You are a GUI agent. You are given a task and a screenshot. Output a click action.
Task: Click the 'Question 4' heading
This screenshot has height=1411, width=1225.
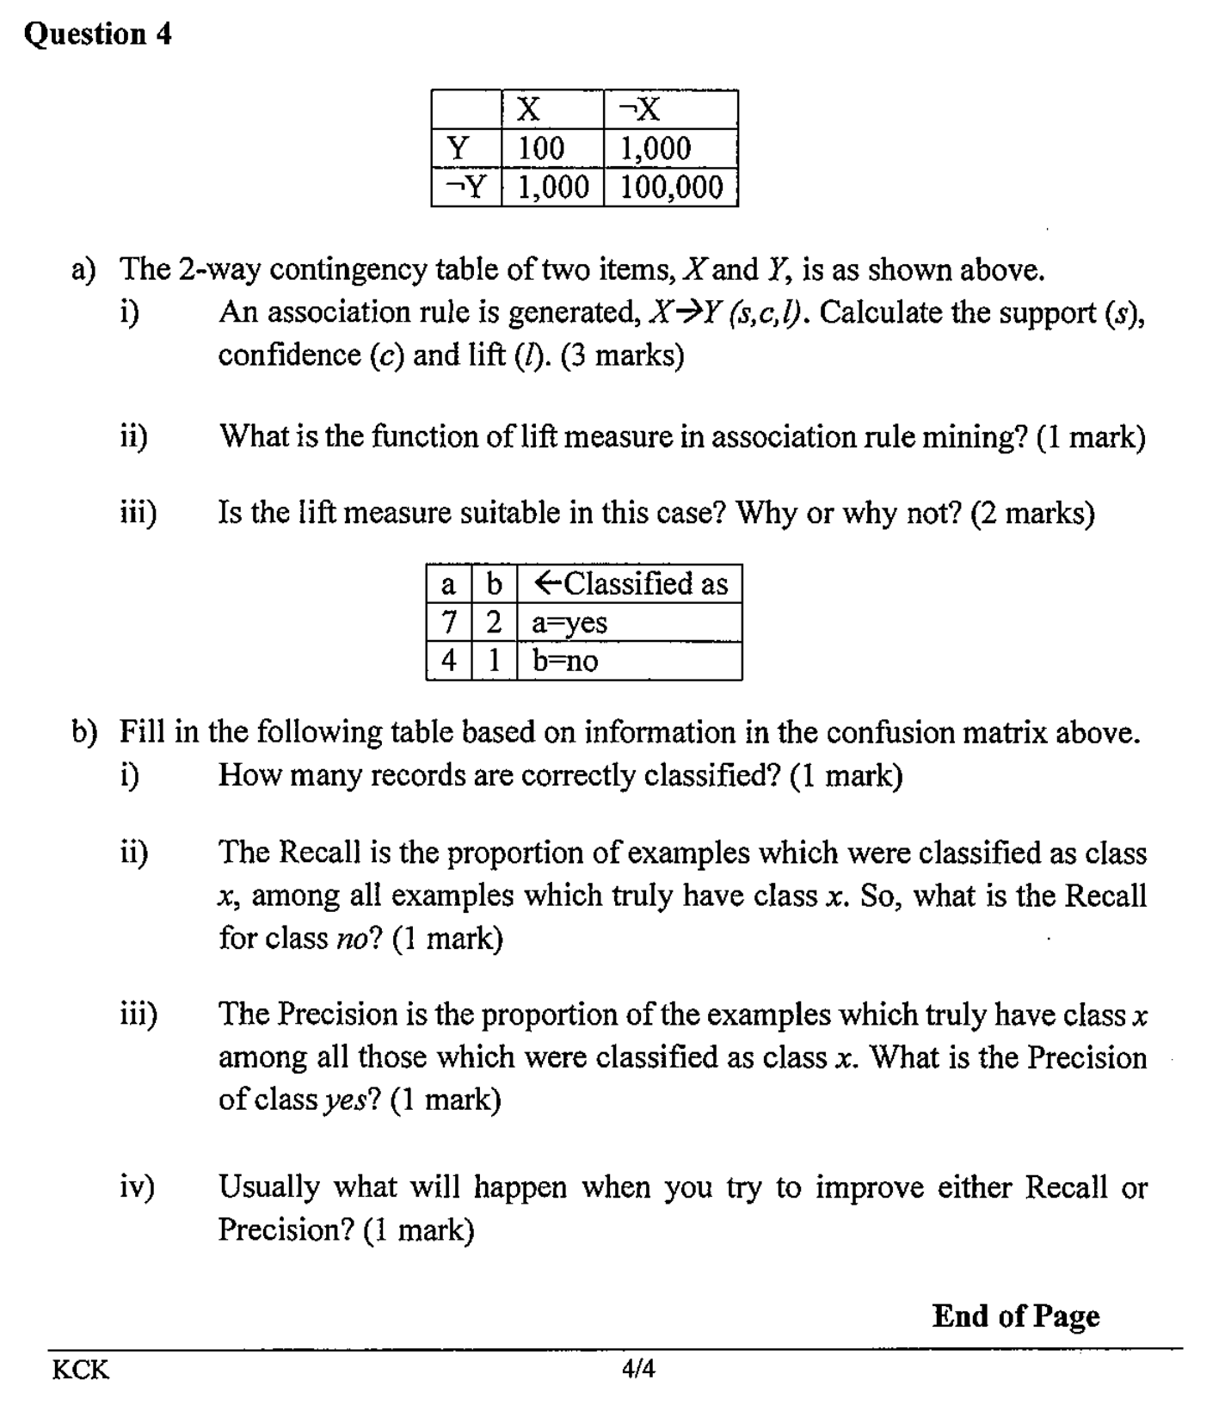pyautogui.click(x=98, y=34)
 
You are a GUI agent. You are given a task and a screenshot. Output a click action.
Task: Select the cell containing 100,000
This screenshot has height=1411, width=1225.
pyautogui.click(x=671, y=187)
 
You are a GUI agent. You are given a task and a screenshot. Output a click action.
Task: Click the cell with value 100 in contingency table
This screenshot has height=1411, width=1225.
pyautogui.click(x=541, y=148)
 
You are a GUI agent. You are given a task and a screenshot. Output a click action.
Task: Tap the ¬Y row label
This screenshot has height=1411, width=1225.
pyautogui.click(x=466, y=187)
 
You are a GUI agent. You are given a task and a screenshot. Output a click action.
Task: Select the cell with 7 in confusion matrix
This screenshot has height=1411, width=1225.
pyautogui.click(x=448, y=622)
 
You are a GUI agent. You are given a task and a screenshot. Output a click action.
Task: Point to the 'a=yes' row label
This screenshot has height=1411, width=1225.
pyautogui.click(x=569, y=622)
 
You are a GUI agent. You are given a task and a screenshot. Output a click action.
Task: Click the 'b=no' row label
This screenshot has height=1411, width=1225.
pyautogui.click(x=565, y=661)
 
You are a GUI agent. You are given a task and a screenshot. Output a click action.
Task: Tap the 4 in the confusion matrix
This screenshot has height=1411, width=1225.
pyautogui.click(x=448, y=661)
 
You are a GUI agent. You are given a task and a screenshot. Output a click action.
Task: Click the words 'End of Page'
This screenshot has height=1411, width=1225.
pyautogui.click(x=1015, y=1315)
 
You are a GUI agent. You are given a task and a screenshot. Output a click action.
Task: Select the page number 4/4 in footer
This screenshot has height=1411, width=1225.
pyautogui.click(x=637, y=1369)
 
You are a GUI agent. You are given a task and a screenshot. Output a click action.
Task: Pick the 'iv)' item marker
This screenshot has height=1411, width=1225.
pyautogui.click(x=137, y=1187)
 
